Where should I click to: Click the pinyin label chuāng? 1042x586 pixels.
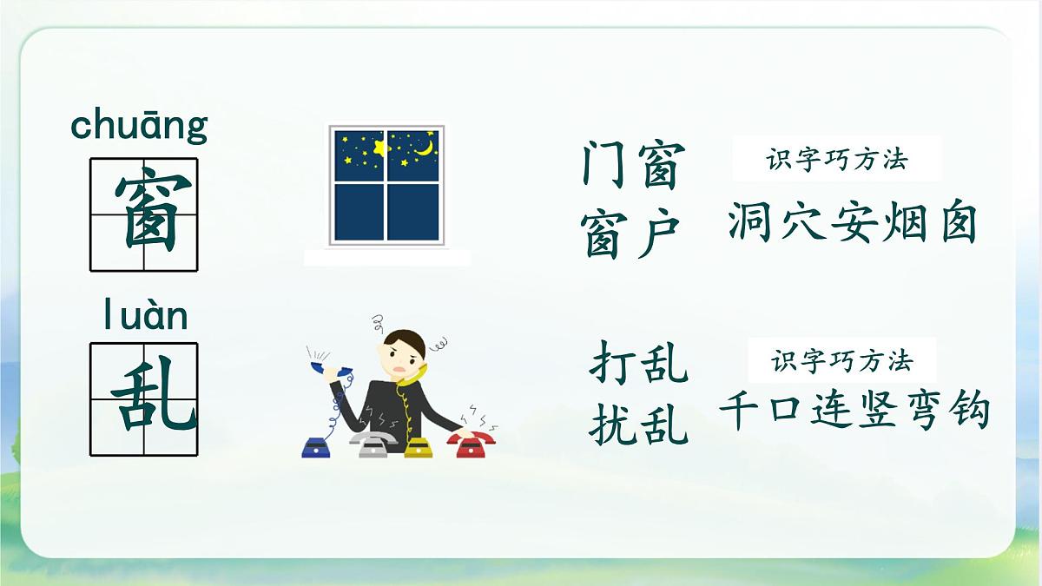[139, 126]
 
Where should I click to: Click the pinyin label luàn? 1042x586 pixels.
[144, 317]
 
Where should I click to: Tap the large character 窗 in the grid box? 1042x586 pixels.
[144, 214]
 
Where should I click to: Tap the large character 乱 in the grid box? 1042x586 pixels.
[144, 399]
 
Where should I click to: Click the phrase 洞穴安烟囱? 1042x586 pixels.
[852, 223]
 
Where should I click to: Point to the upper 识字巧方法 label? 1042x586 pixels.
[837, 160]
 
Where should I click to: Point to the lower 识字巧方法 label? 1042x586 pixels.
[841, 360]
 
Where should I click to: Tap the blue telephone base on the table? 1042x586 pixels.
[318, 446]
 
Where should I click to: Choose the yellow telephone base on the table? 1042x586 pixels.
[419, 447]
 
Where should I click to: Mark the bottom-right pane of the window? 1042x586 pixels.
[412, 211]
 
